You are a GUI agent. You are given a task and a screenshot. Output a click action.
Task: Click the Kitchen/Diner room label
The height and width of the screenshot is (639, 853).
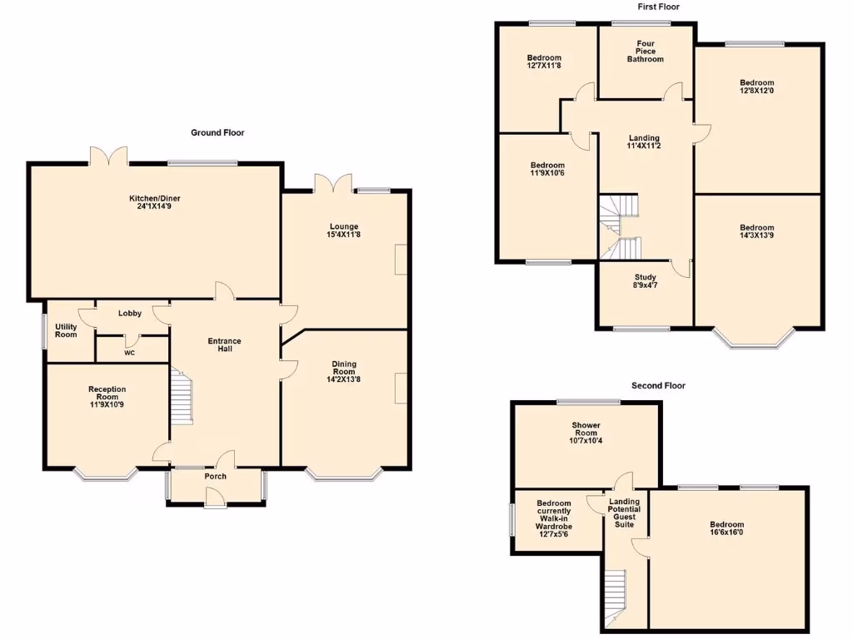tap(154, 198)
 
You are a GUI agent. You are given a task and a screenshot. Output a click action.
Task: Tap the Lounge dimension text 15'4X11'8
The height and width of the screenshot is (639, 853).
tap(344, 235)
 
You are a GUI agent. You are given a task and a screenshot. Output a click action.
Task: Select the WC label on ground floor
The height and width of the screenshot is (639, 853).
tap(129, 353)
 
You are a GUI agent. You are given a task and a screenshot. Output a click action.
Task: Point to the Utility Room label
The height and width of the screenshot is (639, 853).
tap(67, 330)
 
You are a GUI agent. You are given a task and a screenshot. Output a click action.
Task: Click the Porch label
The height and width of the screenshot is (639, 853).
tap(216, 477)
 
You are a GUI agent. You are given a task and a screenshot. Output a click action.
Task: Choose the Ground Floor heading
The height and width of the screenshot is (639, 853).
tap(217, 132)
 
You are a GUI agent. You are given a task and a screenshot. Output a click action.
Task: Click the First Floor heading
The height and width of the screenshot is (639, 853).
tap(658, 7)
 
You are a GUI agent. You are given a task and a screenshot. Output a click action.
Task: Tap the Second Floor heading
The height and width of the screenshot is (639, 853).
tap(658, 385)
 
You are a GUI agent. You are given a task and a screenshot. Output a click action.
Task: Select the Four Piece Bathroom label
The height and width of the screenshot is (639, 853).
tap(646, 52)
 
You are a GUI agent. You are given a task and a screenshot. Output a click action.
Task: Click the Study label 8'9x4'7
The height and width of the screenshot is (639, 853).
tap(646, 282)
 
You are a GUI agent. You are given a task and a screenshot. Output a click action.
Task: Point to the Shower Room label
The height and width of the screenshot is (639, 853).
tap(586, 429)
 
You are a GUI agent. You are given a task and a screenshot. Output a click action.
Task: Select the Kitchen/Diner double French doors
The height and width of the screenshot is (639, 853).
tap(109, 156)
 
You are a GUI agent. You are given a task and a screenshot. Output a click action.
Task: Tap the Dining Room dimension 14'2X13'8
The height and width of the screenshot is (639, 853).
tap(344, 379)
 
